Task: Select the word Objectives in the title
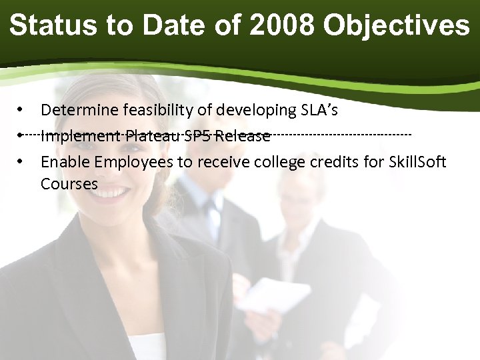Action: click(396, 26)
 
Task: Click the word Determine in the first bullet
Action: click(77, 109)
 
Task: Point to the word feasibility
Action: click(155, 109)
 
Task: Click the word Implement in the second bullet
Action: click(79, 137)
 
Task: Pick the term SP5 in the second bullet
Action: click(198, 137)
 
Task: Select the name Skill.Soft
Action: click(417, 162)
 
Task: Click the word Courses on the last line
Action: click(69, 183)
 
